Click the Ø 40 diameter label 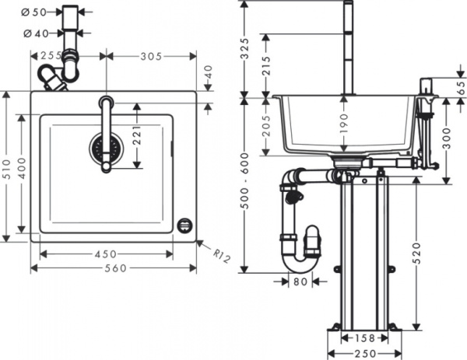36,33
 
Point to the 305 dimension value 150,56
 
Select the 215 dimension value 267,65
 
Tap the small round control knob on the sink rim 185,225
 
